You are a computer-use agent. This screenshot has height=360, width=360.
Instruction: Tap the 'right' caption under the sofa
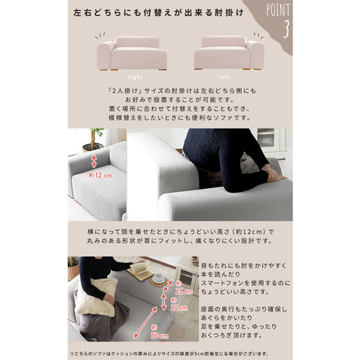[135, 76]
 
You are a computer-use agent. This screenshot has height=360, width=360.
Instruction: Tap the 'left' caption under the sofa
[225, 76]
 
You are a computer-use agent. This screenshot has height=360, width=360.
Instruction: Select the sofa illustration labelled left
[228, 52]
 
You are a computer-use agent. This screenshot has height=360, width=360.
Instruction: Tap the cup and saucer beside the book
[159, 278]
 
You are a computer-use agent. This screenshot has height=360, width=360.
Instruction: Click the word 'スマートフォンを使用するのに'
[246, 283]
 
